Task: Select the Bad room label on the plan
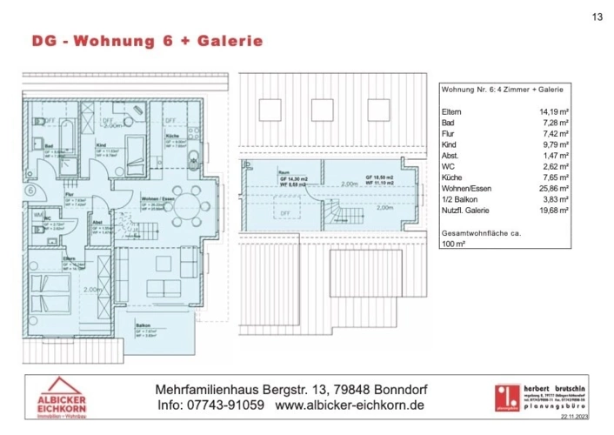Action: pyautogui.click(x=50, y=144)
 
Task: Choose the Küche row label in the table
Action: pyautogui.click(x=454, y=175)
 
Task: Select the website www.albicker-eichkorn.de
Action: pyautogui.click(x=350, y=406)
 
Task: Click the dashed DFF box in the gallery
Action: pyautogui.click(x=284, y=212)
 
